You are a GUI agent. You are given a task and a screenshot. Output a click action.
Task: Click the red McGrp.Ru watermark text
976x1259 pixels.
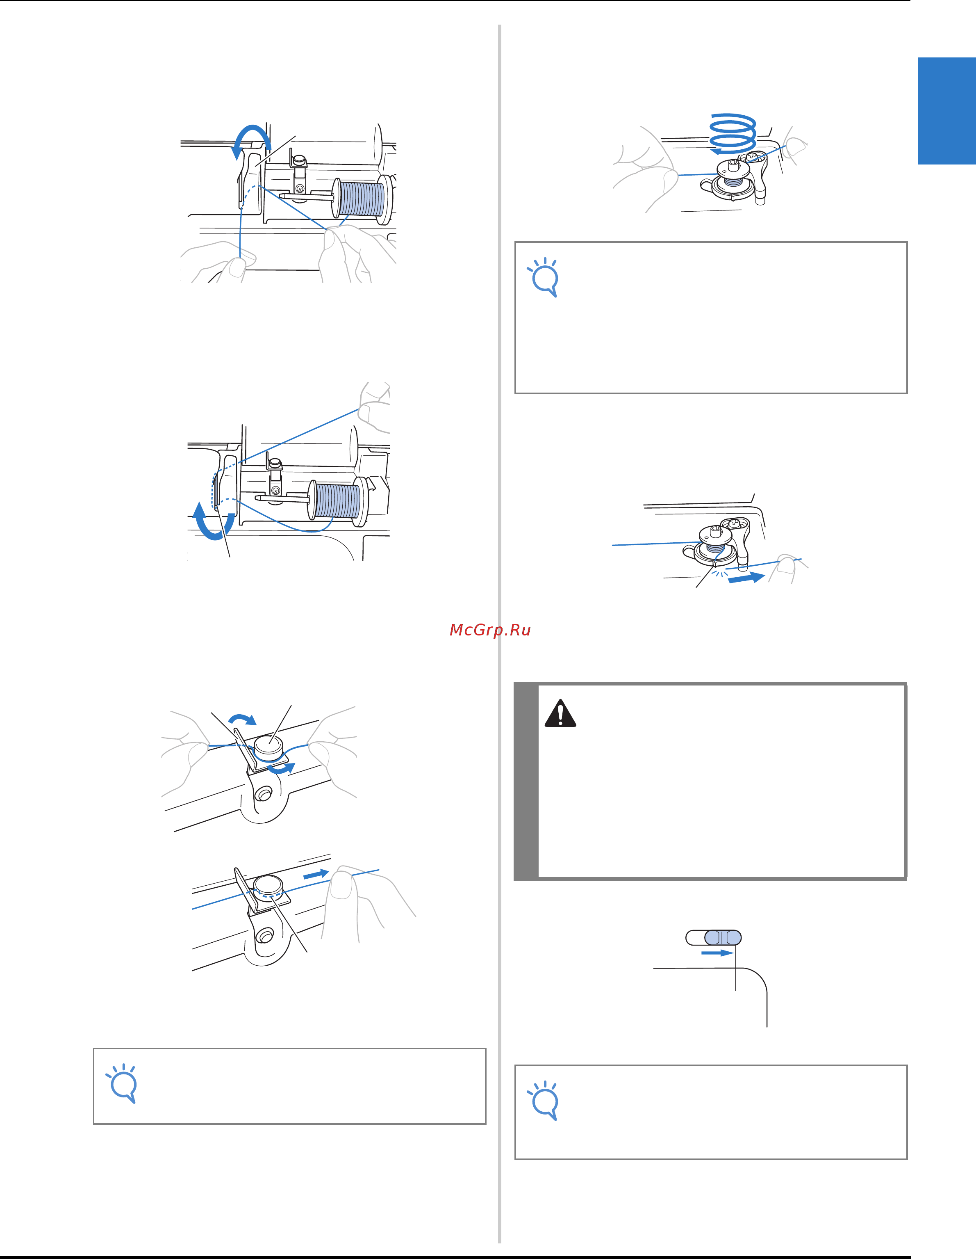[490, 630]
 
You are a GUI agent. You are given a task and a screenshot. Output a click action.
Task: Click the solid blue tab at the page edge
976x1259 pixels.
[946, 111]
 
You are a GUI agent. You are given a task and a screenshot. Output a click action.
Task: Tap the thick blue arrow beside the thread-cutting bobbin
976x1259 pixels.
[747, 578]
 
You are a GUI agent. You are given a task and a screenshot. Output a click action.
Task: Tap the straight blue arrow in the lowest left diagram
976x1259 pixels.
[316, 874]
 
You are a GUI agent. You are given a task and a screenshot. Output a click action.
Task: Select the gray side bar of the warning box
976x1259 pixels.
[526, 781]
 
